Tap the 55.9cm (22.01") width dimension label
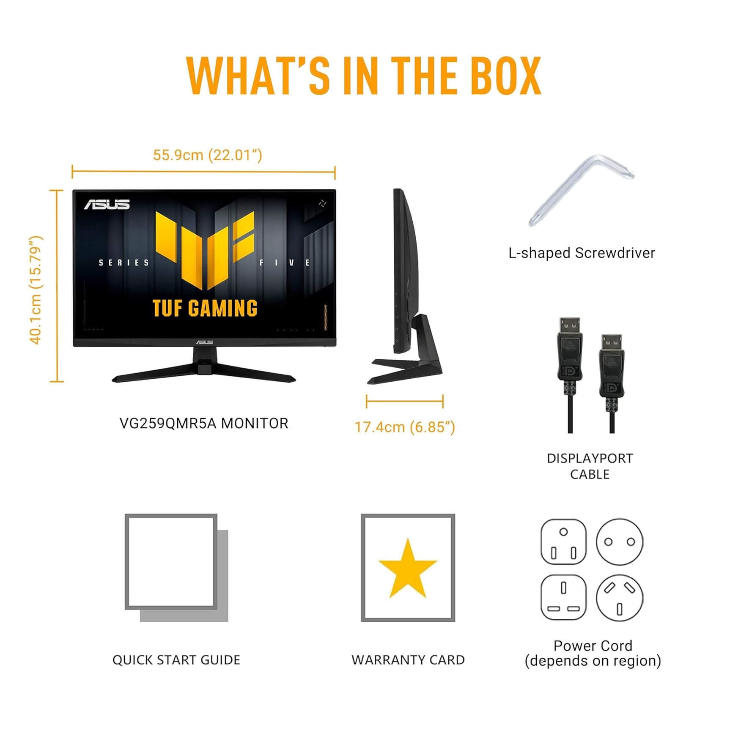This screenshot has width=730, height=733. [x=207, y=155]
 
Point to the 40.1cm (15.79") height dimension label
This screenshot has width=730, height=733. [x=36, y=290]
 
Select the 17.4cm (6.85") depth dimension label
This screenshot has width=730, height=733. [x=405, y=427]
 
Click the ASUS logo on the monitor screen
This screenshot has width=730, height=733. [x=107, y=205]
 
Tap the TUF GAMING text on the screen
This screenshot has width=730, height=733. [x=205, y=308]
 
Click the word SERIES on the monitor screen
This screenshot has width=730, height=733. [x=124, y=263]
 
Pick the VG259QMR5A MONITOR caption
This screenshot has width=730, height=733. [x=204, y=423]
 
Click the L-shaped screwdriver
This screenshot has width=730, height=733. [x=581, y=190]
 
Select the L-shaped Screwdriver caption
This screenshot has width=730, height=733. [x=582, y=253]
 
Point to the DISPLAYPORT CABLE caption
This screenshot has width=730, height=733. [x=590, y=466]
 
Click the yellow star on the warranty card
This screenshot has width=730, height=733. [x=408, y=568]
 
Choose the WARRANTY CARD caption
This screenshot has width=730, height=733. [x=408, y=660]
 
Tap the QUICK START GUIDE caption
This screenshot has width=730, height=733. [x=176, y=660]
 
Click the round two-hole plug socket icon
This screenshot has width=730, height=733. [x=620, y=542]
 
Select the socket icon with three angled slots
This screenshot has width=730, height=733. [x=620, y=597]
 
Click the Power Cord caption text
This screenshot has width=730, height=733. [x=593, y=646]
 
